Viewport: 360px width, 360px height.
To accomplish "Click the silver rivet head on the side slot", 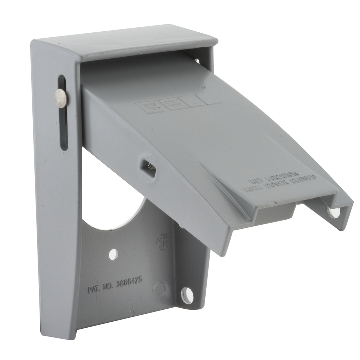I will click(x=61, y=98).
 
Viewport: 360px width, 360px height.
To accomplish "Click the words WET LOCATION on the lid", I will click(x=273, y=178).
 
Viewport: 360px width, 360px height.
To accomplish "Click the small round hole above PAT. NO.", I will click(x=113, y=254).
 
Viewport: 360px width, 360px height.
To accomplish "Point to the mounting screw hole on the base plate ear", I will click(x=187, y=296).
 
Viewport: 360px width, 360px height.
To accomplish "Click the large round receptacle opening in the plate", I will click(x=112, y=207).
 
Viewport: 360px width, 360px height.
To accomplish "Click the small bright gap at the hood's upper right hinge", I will click(x=197, y=61).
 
